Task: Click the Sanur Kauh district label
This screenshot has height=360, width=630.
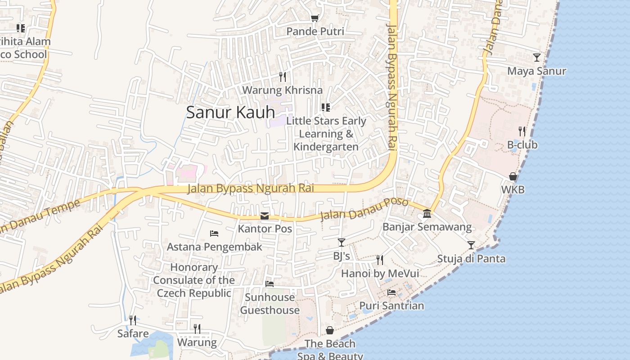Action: tap(230, 112)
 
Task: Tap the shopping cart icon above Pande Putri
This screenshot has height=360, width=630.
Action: tap(315, 18)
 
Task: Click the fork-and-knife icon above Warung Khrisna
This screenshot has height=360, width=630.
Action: tap(282, 76)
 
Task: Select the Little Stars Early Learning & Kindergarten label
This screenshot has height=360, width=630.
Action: tap(326, 134)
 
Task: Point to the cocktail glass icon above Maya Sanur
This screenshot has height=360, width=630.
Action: tap(536, 57)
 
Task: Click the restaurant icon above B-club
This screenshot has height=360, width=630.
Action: tap(522, 131)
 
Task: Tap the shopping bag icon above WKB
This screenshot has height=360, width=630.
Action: tap(513, 176)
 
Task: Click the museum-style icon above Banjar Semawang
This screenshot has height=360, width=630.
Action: tap(427, 213)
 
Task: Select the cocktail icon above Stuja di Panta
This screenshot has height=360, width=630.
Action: tap(471, 245)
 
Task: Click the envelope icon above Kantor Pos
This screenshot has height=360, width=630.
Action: tap(265, 216)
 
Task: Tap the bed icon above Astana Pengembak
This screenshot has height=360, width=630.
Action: tap(214, 233)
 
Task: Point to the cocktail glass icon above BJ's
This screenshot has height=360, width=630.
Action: tap(341, 243)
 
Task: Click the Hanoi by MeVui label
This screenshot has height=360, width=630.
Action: tap(380, 274)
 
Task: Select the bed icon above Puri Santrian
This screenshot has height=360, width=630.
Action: tap(391, 292)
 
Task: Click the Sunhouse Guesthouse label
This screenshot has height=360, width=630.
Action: tap(270, 304)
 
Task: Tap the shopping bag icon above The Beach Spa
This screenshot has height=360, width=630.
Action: tap(330, 330)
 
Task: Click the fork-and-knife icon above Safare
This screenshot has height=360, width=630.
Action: tap(133, 320)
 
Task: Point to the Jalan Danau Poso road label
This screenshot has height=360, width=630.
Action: tap(364, 209)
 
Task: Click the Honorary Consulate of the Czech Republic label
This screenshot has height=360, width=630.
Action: tap(194, 280)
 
